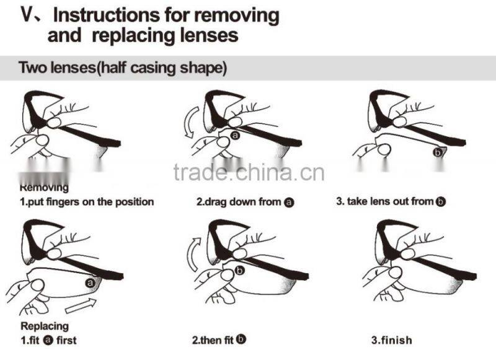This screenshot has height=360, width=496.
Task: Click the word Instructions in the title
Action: pyautogui.click(x=106, y=15)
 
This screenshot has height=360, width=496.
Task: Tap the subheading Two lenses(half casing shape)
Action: pyautogui.click(x=123, y=68)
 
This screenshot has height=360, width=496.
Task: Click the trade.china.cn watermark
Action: pyautogui.click(x=249, y=173)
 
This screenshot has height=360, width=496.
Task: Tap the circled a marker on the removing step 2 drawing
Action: pyautogui.click(x=236, y=136)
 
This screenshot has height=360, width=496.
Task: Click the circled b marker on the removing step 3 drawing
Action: pyautogui.click(x=438, y=152)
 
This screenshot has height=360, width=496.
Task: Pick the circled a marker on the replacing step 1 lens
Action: pyautogui.click(x=91, y=283)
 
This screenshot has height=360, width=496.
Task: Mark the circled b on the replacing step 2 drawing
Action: pyautogui.click(x=240, y=271)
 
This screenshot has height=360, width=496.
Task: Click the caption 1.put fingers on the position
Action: pyautogui.click(x=87, y=201)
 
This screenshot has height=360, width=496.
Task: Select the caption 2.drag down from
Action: pyautogui.click(x=239, y=201)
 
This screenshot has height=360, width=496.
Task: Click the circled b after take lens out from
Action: pyautogui.click(x=441, y=201)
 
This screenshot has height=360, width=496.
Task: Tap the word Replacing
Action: pyautogui.click(x=45, y=326)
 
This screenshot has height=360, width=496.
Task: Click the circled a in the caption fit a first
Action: pyautogui.click(x=48, y=340)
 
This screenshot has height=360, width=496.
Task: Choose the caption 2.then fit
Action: pyautogui.click(x=213, y=340)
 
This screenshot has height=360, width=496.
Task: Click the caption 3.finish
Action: pyautogui.click(x=392, y=340)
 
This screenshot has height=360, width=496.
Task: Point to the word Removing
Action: pyautogui.click(x=44, y=187)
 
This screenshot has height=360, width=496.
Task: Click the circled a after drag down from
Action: pyautogui.click(x=289, y=202)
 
